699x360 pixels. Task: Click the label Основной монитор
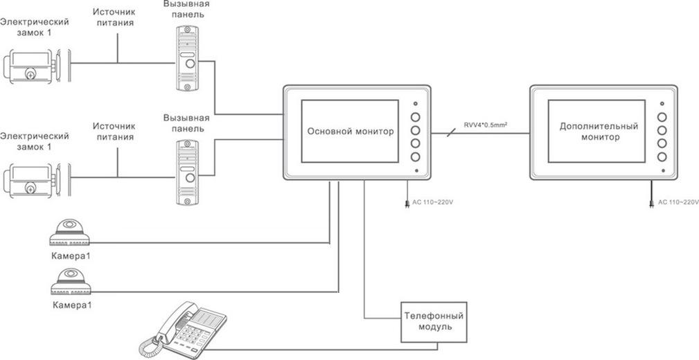point(351,132)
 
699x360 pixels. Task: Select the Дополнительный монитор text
point(598,132)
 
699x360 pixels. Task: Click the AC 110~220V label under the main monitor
point(434,203)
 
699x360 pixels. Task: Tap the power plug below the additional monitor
point(651,204)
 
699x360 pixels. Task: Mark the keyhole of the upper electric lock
point(30,73)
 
